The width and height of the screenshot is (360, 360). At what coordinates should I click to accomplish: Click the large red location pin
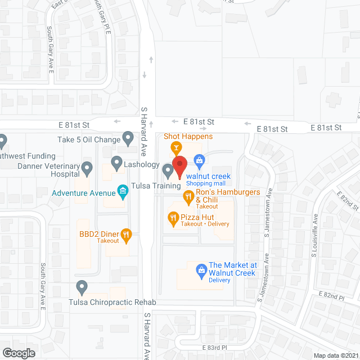[x=179, y=166]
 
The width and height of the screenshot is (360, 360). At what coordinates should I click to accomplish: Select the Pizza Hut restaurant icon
[x=173, y=217]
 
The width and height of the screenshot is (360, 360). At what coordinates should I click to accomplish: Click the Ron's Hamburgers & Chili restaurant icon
[x=188, y=196]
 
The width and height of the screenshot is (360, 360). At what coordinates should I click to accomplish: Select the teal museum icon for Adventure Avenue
[x=121, y=192]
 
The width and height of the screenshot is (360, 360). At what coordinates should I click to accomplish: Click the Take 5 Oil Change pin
[x=128, y=138]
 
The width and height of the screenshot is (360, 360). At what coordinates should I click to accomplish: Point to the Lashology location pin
[x=116, y=163]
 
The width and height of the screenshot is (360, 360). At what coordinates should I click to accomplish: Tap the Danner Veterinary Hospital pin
[x=87, y=167]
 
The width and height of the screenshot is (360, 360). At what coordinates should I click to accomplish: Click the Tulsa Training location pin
[x=168, y=170]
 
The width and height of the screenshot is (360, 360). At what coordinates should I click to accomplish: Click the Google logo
[x=18, y=353]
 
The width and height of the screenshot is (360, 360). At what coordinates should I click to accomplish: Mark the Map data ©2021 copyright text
[x=335, y=355]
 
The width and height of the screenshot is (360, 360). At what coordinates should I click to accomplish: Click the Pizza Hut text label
[x=197, y=217]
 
